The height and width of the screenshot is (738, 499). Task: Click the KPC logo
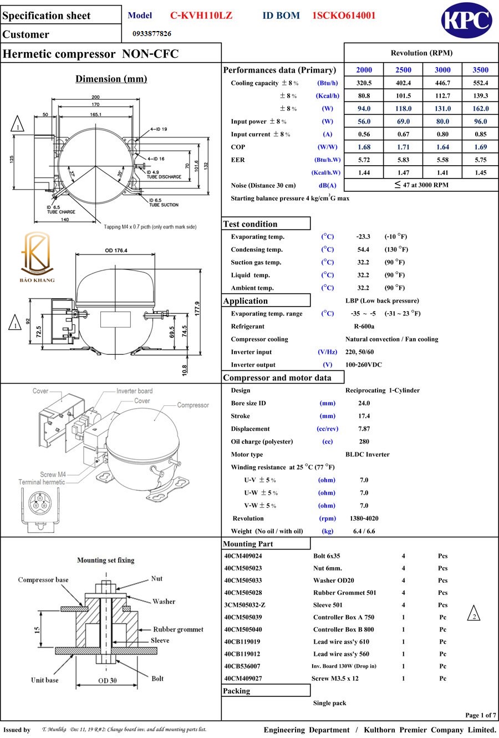click(466, 21)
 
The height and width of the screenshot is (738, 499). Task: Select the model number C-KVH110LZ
click(201, 16)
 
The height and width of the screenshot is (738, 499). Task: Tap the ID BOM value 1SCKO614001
click(344, 16)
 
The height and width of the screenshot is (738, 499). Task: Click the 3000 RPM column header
click(442, 70)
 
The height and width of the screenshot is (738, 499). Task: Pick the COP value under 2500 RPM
click(403, 147)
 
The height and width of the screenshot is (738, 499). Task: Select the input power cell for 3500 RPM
click(480, 121)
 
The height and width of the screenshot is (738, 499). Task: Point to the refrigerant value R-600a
click(364, 327)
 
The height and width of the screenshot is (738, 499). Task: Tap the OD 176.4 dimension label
click(116, 251)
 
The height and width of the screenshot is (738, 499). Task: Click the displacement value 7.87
click(364, 429)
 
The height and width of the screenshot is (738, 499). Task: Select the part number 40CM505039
click(243, 617)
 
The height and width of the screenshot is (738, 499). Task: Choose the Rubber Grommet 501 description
click(344, 593)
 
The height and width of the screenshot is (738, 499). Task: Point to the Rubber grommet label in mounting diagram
click(178, 629)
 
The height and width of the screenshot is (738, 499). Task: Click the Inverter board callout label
click(134, 391)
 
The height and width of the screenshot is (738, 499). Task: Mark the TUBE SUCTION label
click(164, 205)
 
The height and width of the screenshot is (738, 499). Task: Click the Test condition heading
click(250, 224)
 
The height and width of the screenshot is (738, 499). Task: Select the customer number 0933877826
click(152, 34)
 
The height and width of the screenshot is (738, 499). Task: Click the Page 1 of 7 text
click(480, 715)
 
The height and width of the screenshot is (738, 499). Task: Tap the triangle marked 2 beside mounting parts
click(473, 614)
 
